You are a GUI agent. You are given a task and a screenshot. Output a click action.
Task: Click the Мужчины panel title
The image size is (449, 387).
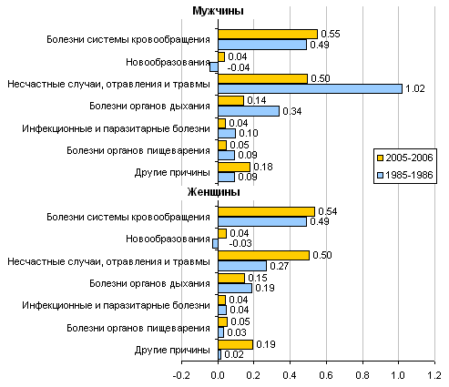[x=218, y=11]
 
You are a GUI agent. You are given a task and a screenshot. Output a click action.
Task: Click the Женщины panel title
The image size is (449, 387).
[x=213, y=192]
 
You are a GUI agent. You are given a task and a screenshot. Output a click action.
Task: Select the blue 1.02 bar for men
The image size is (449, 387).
[x=310, y=89]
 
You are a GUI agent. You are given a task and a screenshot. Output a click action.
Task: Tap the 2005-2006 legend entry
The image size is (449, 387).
[x=405, y=158]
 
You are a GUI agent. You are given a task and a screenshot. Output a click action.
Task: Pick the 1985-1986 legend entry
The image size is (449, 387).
[x=405, y=175]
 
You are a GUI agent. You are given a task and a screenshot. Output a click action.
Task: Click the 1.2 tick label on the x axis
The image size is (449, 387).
[x=434, y=375]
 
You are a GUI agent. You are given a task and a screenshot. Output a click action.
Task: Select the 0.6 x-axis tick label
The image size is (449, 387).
[x=326, y=375]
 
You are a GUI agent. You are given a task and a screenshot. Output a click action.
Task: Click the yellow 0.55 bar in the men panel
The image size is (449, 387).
[x=268, y=35]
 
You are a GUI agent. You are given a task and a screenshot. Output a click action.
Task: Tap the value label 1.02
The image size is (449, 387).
[x=415, y=88]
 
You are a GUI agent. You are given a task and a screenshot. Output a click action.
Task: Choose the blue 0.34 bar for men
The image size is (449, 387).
[x=249, y=111]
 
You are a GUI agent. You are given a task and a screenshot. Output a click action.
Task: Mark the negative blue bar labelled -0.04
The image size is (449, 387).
[x=214, y=67]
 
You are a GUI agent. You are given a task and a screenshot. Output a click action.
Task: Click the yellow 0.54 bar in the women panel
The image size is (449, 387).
[x=266, y=211]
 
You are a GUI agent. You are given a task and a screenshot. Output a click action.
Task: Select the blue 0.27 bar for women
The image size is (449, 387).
[x=242, y=266]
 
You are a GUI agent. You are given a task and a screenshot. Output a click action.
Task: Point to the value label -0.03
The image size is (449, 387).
[x=240, y=243]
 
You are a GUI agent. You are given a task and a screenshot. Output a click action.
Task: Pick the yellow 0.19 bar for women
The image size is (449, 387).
[x=235, y=344]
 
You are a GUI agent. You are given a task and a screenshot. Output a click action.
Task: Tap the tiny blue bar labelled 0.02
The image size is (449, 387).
[x=219, y=354]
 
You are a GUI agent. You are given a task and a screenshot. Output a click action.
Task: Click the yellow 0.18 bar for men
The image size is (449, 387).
[x=234, y=167]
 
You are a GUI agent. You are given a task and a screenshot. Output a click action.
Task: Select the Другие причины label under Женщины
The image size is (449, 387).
[x=172, y=350]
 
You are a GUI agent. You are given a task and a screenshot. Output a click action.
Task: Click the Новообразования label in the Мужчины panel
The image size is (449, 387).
[x=168, y=62]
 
